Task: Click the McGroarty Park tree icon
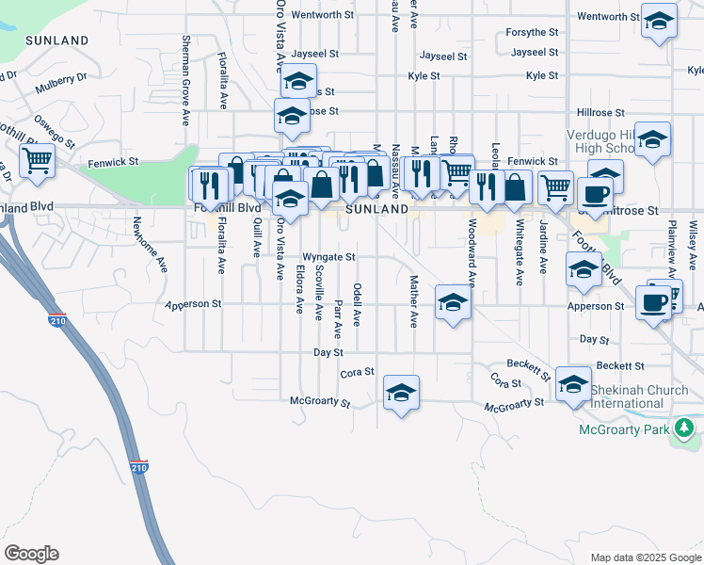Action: [x=686, y=430]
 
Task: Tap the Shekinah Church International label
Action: [x=627, y=396]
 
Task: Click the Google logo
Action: [x=31, y=554]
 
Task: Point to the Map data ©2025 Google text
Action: [x=645, y=557]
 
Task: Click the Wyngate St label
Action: [x=328, y=256]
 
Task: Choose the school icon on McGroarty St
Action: [x=401, y=393]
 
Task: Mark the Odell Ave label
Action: [x=357, y=303]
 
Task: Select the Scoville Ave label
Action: [x=319, y=291]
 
